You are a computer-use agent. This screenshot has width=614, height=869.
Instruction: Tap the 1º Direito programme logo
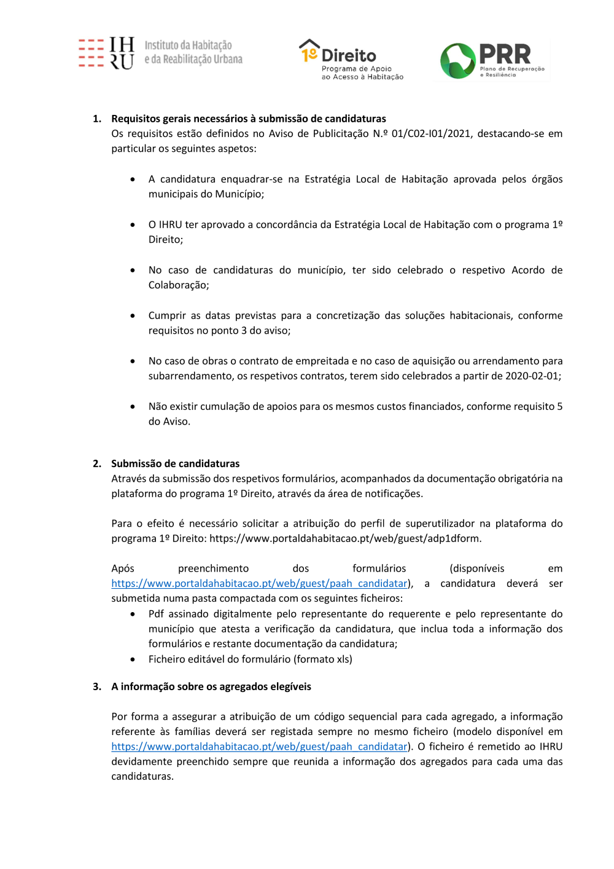click(351, 60)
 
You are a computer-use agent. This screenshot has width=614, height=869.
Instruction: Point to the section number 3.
click(96, 686)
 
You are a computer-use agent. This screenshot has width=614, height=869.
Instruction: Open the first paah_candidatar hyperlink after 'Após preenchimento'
click(259, 583)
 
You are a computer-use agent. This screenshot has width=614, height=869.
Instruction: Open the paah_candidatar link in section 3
click(259, 746)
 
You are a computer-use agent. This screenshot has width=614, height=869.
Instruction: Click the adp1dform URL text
click(345, 538)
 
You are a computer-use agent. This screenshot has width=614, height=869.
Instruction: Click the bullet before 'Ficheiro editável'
click(133, 659)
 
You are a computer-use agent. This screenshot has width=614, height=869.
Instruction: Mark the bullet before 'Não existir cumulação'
click(133, 407)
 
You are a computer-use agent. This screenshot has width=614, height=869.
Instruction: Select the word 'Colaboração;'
click(179, 285)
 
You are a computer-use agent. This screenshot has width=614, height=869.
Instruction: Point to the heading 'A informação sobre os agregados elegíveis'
click(211, 686)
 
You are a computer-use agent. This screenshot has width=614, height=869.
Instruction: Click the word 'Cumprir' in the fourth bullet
click(166, 315)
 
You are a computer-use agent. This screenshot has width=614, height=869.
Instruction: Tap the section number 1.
click(96, 119)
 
